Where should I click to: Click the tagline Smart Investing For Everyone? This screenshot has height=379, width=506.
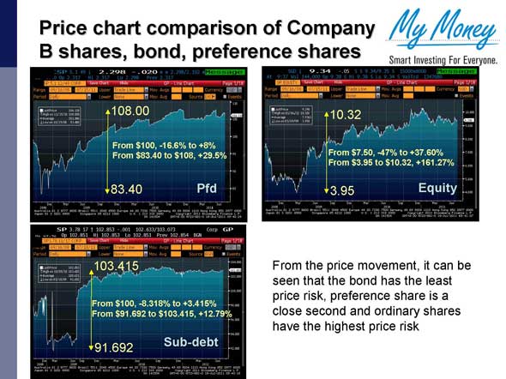click(x=443, y=61)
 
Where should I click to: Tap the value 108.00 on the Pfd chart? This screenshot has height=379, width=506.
click(x=131, y=111)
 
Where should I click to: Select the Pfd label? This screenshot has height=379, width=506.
click(x=207, y=187)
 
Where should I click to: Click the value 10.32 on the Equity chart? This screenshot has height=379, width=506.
click(x=346, y=114)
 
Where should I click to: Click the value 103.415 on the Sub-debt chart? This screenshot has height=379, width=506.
click(x=116, y=267)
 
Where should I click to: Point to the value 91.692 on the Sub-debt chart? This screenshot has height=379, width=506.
click(x=114, y=347)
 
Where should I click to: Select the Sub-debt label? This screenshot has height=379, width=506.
click(x=190, y=342)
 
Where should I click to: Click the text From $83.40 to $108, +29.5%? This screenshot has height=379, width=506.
click(x=169, y=155)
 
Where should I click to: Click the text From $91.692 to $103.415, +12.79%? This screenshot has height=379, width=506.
click(x=161, y=315)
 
